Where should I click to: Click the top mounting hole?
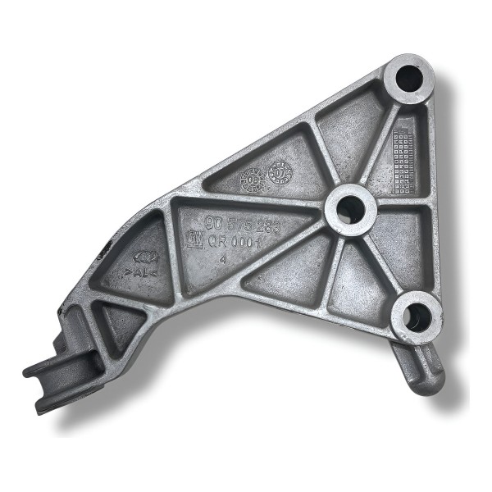click(x=408, y=79)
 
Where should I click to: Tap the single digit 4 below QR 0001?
click(x=224, y=260)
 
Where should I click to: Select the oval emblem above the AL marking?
click(x=144, y=256)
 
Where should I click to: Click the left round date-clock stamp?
click(x=251, y=177)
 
